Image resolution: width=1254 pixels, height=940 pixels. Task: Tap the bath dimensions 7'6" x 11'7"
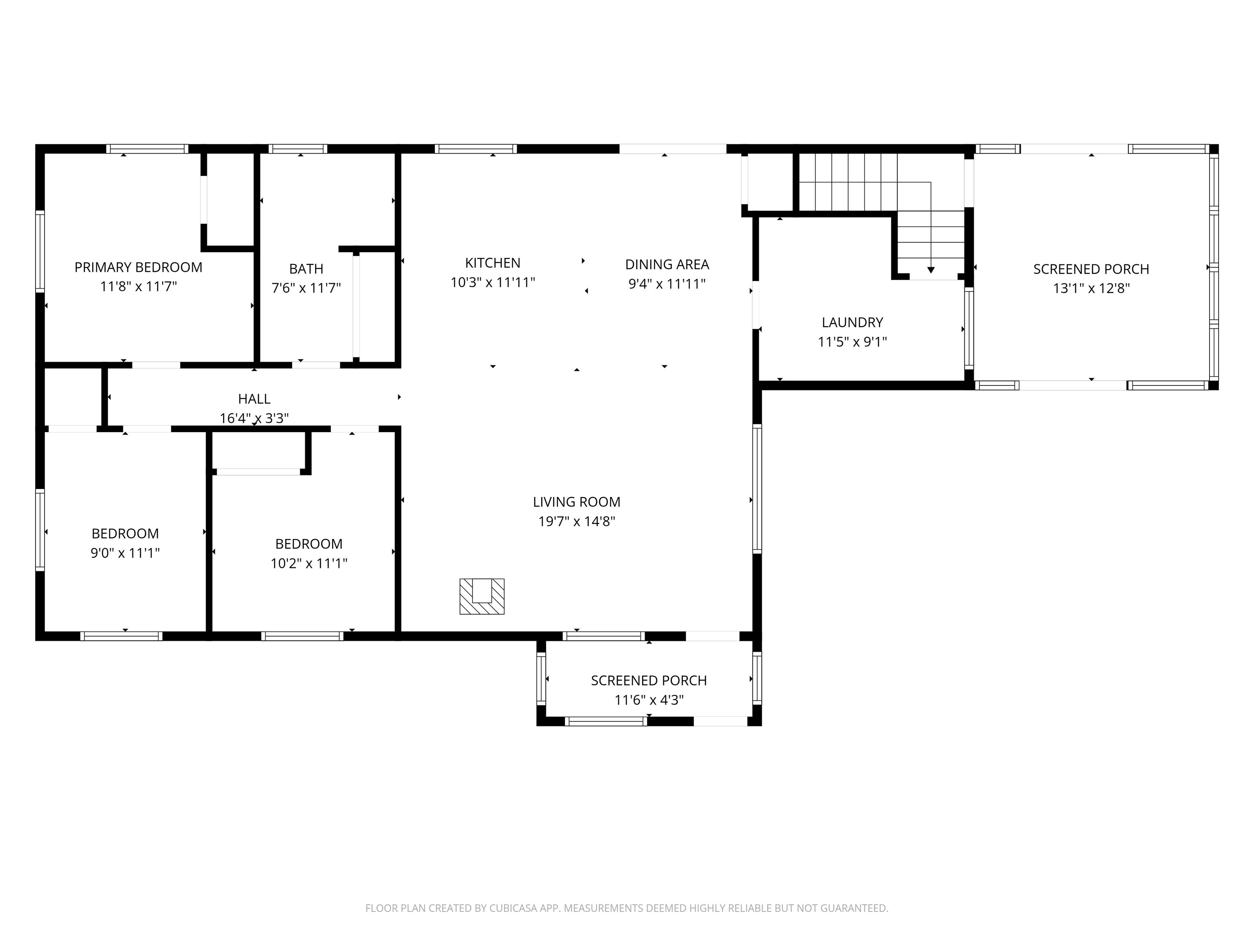coord(306,288)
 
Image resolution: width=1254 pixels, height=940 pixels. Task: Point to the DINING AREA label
coord(667,265)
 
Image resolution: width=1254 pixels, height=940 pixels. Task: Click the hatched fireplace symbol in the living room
coord(481,596)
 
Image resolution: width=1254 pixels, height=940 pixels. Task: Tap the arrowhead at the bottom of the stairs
coord(930,270)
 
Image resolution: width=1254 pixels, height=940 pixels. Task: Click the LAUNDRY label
coord(852,322)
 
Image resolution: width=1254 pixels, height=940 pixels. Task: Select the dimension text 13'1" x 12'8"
coord(1091,288)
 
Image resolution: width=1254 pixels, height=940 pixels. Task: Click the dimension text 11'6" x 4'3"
coord(649,700)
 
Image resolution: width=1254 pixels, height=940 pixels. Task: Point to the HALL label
coord(254,399)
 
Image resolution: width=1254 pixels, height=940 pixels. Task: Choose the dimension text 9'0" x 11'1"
coord(125,553)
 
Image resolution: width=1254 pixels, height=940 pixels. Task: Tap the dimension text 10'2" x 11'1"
coord(309,563)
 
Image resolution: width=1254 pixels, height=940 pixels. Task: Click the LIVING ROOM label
coord(576,502)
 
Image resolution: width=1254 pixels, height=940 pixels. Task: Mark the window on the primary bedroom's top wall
coord(147,149)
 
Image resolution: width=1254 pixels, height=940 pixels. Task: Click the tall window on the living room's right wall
coord(757,488)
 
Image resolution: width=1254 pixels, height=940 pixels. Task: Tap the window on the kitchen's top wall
coord(476,149)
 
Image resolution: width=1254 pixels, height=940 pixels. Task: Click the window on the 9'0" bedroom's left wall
coord(40,529)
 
